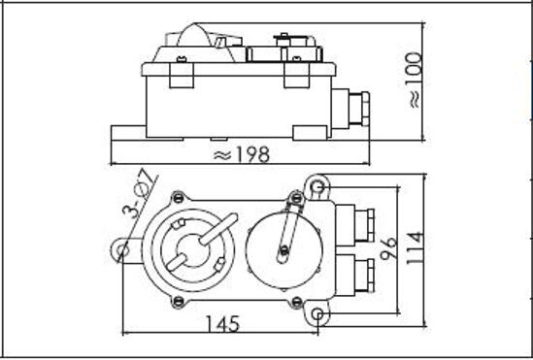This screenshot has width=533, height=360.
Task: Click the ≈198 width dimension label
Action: coord(242,154)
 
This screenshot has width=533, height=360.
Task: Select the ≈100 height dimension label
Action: coord(416,81)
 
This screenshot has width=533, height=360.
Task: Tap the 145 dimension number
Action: coord(223,324)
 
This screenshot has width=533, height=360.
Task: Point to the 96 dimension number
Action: coord(389,248)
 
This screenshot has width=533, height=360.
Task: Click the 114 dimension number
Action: coord(416,248)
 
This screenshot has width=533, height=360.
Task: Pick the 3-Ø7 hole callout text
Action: coord(140,195)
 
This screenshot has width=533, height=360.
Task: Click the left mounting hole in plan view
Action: coord(122,250)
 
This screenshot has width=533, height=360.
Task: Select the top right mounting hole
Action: coord(317,186)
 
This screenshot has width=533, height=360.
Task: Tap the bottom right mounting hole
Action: coord(317,313)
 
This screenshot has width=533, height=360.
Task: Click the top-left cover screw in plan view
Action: coord(178,197)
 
